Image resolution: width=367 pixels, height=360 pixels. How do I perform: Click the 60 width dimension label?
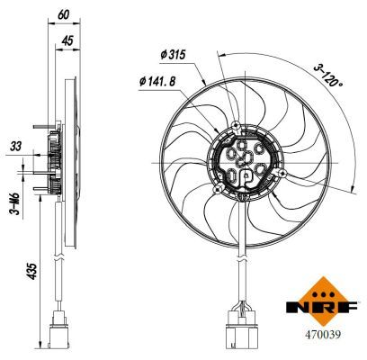pyautogui.click(x=61, y=13)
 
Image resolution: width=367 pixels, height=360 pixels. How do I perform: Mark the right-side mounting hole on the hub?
pyautogui.click(x=282, y=171)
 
